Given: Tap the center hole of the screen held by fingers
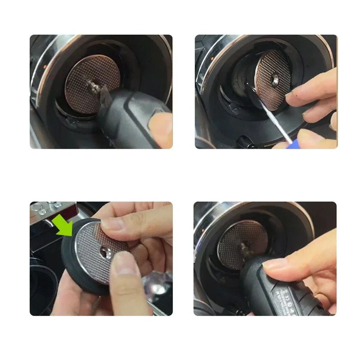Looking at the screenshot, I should point(106,252).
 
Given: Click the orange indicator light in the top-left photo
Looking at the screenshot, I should point(44,67).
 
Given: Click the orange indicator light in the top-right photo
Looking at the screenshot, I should point(212,58).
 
